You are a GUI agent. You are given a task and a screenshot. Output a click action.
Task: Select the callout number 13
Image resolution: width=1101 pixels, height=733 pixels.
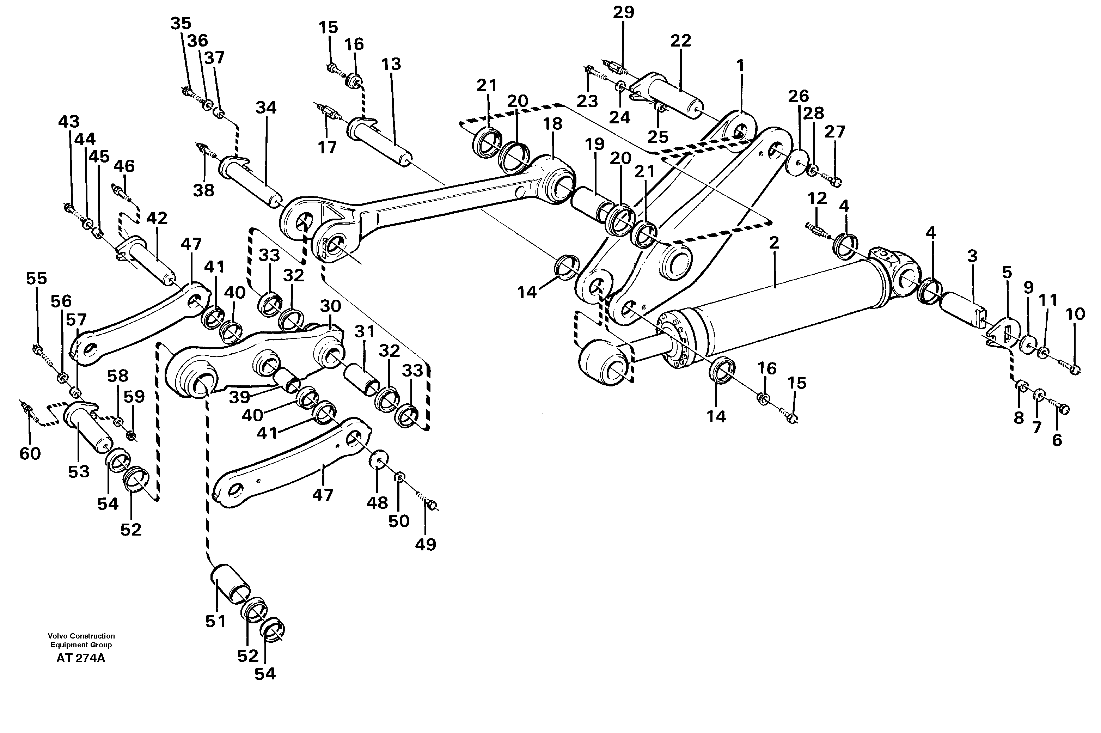[x=391, y=64]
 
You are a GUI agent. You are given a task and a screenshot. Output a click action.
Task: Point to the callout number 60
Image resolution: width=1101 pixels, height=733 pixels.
[x=30, y=453]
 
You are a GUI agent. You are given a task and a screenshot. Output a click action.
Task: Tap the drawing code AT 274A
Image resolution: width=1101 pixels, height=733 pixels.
[x=81, y=659]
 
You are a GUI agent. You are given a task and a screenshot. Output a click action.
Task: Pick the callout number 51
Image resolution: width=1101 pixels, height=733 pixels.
[x=215, y=621]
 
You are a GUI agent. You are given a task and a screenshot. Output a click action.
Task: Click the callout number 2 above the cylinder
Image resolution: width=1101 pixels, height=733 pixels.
[x=774, y=243]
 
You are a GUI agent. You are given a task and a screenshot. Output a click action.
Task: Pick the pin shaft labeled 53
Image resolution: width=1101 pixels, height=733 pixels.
[x=91, y=428]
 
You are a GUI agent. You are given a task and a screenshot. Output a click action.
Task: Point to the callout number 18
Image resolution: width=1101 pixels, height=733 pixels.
[x=552, y=124]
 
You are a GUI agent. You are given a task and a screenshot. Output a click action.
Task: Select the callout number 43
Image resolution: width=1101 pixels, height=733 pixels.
[x=69, y=122]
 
